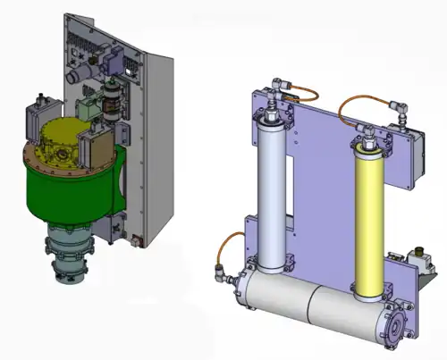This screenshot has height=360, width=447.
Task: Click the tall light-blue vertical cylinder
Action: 270,191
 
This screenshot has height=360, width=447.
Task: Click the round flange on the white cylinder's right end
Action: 393,322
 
